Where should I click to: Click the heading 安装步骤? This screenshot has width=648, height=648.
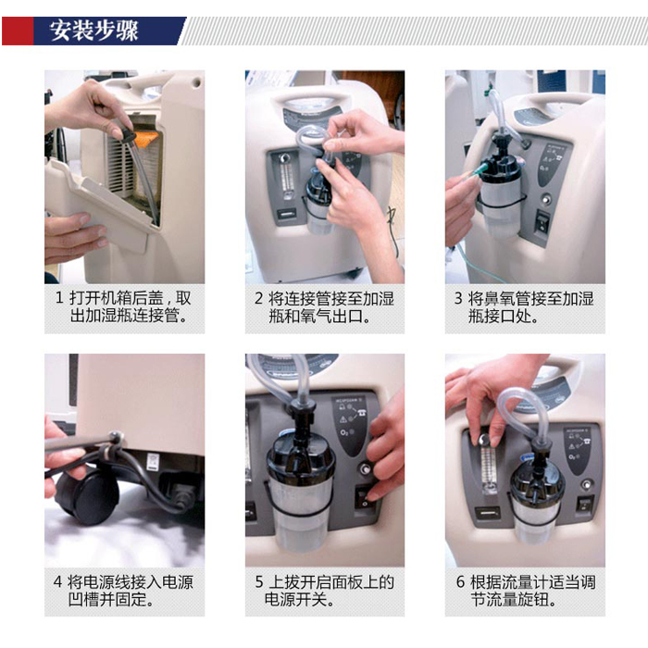[x=93, y=31]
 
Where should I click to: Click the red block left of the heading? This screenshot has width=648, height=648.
[x=18, y=31]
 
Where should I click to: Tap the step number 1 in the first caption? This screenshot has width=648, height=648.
[x=59, y=298]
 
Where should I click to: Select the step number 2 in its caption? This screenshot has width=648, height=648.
[x=258, y=298]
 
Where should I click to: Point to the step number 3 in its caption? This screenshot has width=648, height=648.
[x=458, y=298]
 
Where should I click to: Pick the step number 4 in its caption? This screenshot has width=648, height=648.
[x=57, y=582]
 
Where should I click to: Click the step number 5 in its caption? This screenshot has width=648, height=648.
[x=259, y=582]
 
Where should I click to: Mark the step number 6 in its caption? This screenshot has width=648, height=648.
[x=460, y=582]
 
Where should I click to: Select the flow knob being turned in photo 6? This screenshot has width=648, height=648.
[x=484, y=440]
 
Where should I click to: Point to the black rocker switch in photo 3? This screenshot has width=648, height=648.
[x=542, y=222]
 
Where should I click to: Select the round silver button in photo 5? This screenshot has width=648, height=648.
[x=366, y=469]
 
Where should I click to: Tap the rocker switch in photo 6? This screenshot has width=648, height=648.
[x=584, y=505]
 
